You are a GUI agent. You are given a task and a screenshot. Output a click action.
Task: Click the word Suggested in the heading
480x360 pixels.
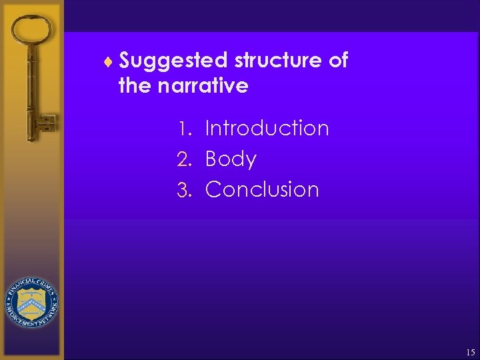(174, 61)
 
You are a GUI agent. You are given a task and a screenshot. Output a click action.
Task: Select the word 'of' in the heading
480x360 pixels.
(339, 61)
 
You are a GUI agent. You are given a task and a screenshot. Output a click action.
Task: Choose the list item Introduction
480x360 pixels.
(267, 128)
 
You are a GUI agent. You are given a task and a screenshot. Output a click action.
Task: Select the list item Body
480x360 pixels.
(231, 159)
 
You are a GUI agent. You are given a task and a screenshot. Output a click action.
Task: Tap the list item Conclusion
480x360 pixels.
(262, 189)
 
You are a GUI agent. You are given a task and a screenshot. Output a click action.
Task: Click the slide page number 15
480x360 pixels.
(470, 351)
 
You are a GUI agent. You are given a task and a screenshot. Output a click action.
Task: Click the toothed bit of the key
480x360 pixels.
(46, 124)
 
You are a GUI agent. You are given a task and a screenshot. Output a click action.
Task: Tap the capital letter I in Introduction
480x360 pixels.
(208, 128)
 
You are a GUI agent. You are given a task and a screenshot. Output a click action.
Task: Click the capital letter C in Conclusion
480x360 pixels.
(214, 189)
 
